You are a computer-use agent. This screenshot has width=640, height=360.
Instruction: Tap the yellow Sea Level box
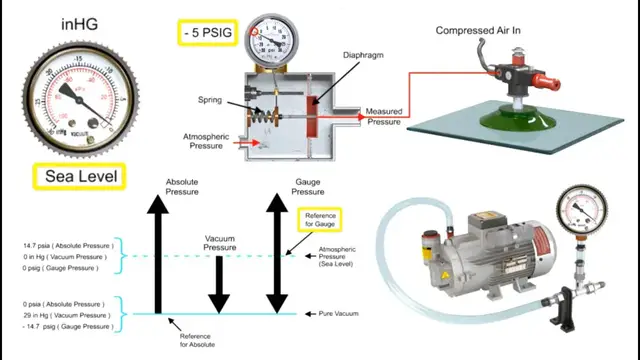coord(78,178)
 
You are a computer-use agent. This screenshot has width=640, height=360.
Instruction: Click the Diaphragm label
coord(363,56)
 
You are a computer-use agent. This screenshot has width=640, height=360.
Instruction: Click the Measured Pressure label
coord(383,116)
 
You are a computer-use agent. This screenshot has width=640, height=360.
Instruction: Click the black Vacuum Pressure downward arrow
coord(219,285)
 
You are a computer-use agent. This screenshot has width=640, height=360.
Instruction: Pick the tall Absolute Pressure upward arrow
coord(156,255)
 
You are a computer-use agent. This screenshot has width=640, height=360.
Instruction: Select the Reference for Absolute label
coord(195,341)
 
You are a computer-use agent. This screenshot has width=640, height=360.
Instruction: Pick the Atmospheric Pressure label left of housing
coord(206,140)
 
